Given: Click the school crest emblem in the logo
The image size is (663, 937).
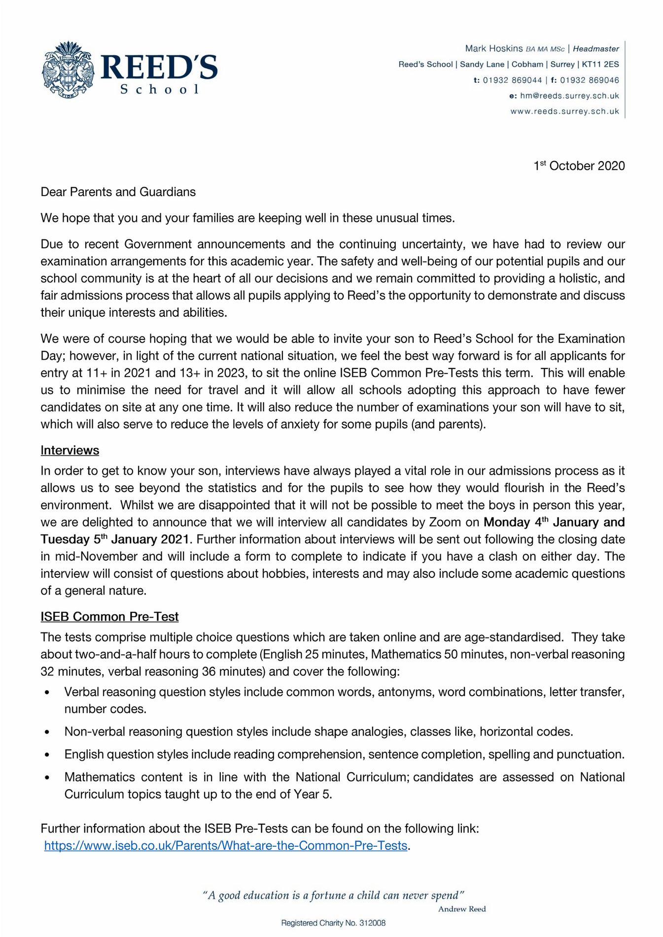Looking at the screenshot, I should point(68,70).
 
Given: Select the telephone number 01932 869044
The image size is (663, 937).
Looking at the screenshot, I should point(512,80).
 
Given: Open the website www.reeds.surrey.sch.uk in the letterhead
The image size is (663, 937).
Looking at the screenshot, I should point(564,112).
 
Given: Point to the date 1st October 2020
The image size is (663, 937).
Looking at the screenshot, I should point(579,166).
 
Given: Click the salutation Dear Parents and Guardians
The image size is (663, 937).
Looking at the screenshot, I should point(118,192).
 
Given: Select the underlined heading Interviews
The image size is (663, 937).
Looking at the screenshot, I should point(70,451).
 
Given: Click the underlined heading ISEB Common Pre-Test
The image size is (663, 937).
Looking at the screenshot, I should point(109,617).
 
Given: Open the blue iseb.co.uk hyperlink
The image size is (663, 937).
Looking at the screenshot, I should point(225,846).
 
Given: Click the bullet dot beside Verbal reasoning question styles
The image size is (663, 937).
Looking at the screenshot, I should point(47,693).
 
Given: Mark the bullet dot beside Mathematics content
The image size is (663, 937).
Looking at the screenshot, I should point(47,778).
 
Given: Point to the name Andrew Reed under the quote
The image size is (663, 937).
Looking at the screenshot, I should point(462,909).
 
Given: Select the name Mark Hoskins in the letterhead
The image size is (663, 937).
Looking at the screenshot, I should point(493,49).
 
